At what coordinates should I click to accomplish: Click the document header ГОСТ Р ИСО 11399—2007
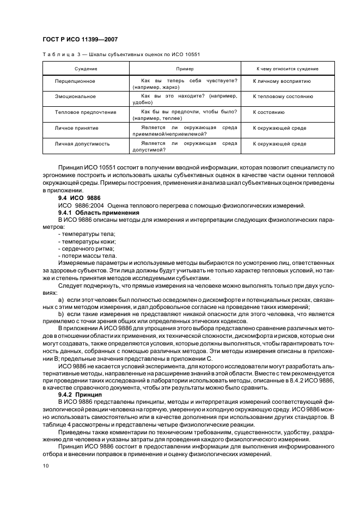point(80,39)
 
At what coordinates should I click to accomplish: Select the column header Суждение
point(86,69)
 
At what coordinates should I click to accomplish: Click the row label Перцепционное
point(75,81)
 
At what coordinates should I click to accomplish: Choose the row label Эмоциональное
point(75,96)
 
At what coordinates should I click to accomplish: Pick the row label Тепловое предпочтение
point(86,112)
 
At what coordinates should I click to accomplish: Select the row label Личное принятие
point(76,128)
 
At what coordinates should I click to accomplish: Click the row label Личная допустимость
point(82,144)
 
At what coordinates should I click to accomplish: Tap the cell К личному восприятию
point(282,81)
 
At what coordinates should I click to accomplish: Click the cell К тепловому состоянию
point(283,96)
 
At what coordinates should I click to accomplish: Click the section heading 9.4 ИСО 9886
point(80,198)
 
